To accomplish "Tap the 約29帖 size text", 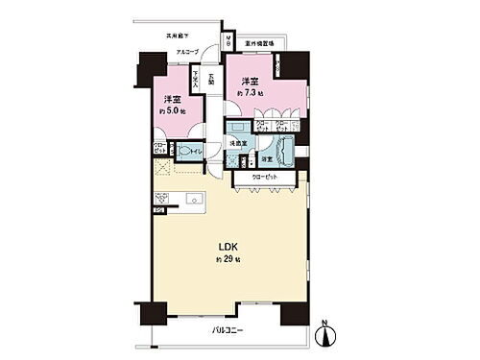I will (228, 260).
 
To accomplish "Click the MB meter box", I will (228, 41).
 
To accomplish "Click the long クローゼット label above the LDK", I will (264, 179).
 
